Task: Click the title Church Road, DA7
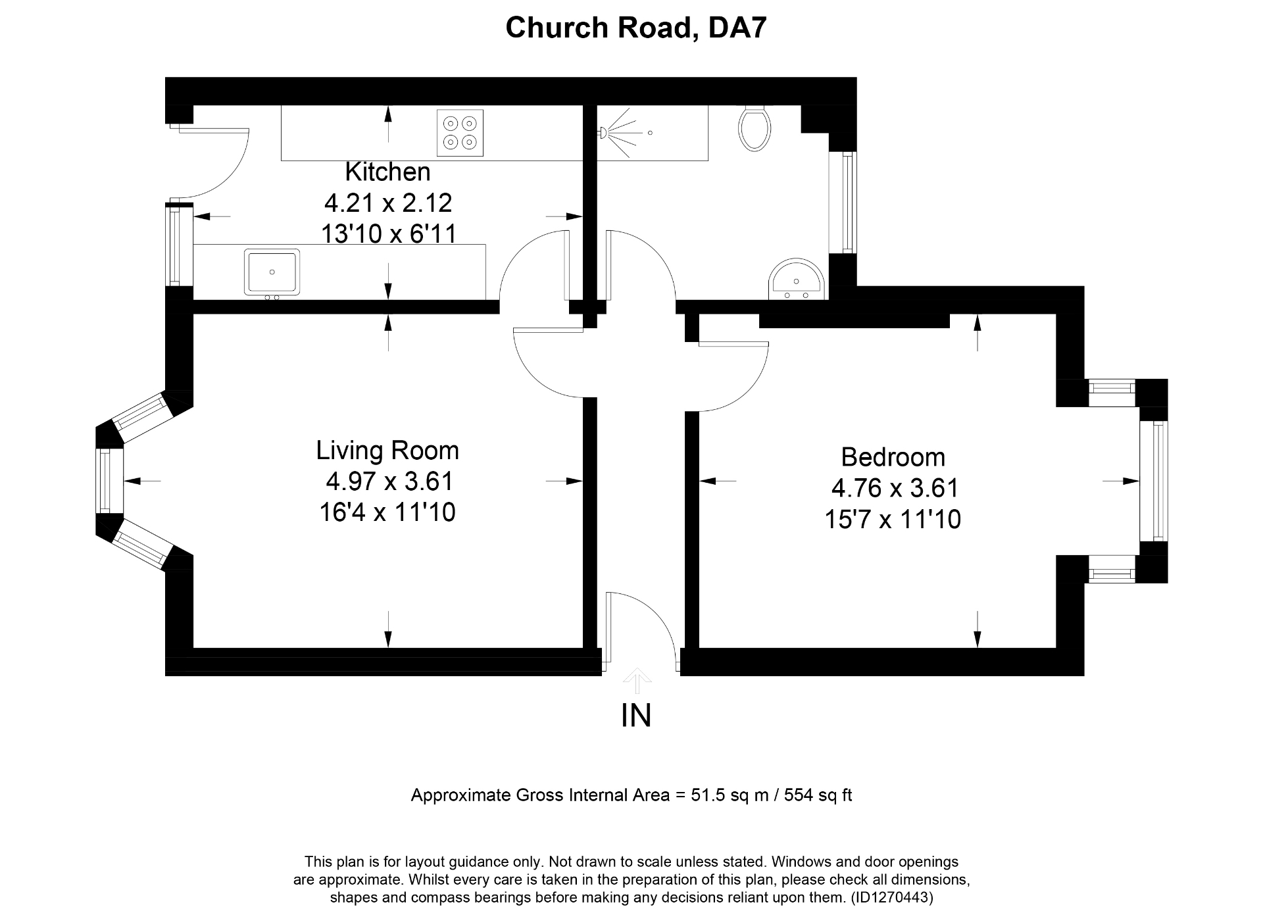[635, 28]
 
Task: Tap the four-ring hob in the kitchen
[460, 132]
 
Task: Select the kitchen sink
[272, 272]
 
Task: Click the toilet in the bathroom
[755, 129]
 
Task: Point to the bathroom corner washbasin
[797, 280]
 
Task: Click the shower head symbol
[602, 133]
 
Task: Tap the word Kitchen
[387, 172]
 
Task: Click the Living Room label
[387, 451]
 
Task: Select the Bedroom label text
[893, 457]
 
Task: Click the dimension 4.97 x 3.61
[389, 481]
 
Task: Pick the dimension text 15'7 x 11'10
[893, 520]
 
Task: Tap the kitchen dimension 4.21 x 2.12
[387, 203]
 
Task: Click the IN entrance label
[635, 716]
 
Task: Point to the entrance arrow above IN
[637, 681]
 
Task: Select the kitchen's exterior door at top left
[214, 161]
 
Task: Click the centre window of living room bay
[105, 481]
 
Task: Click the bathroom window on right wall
[849, 203]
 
